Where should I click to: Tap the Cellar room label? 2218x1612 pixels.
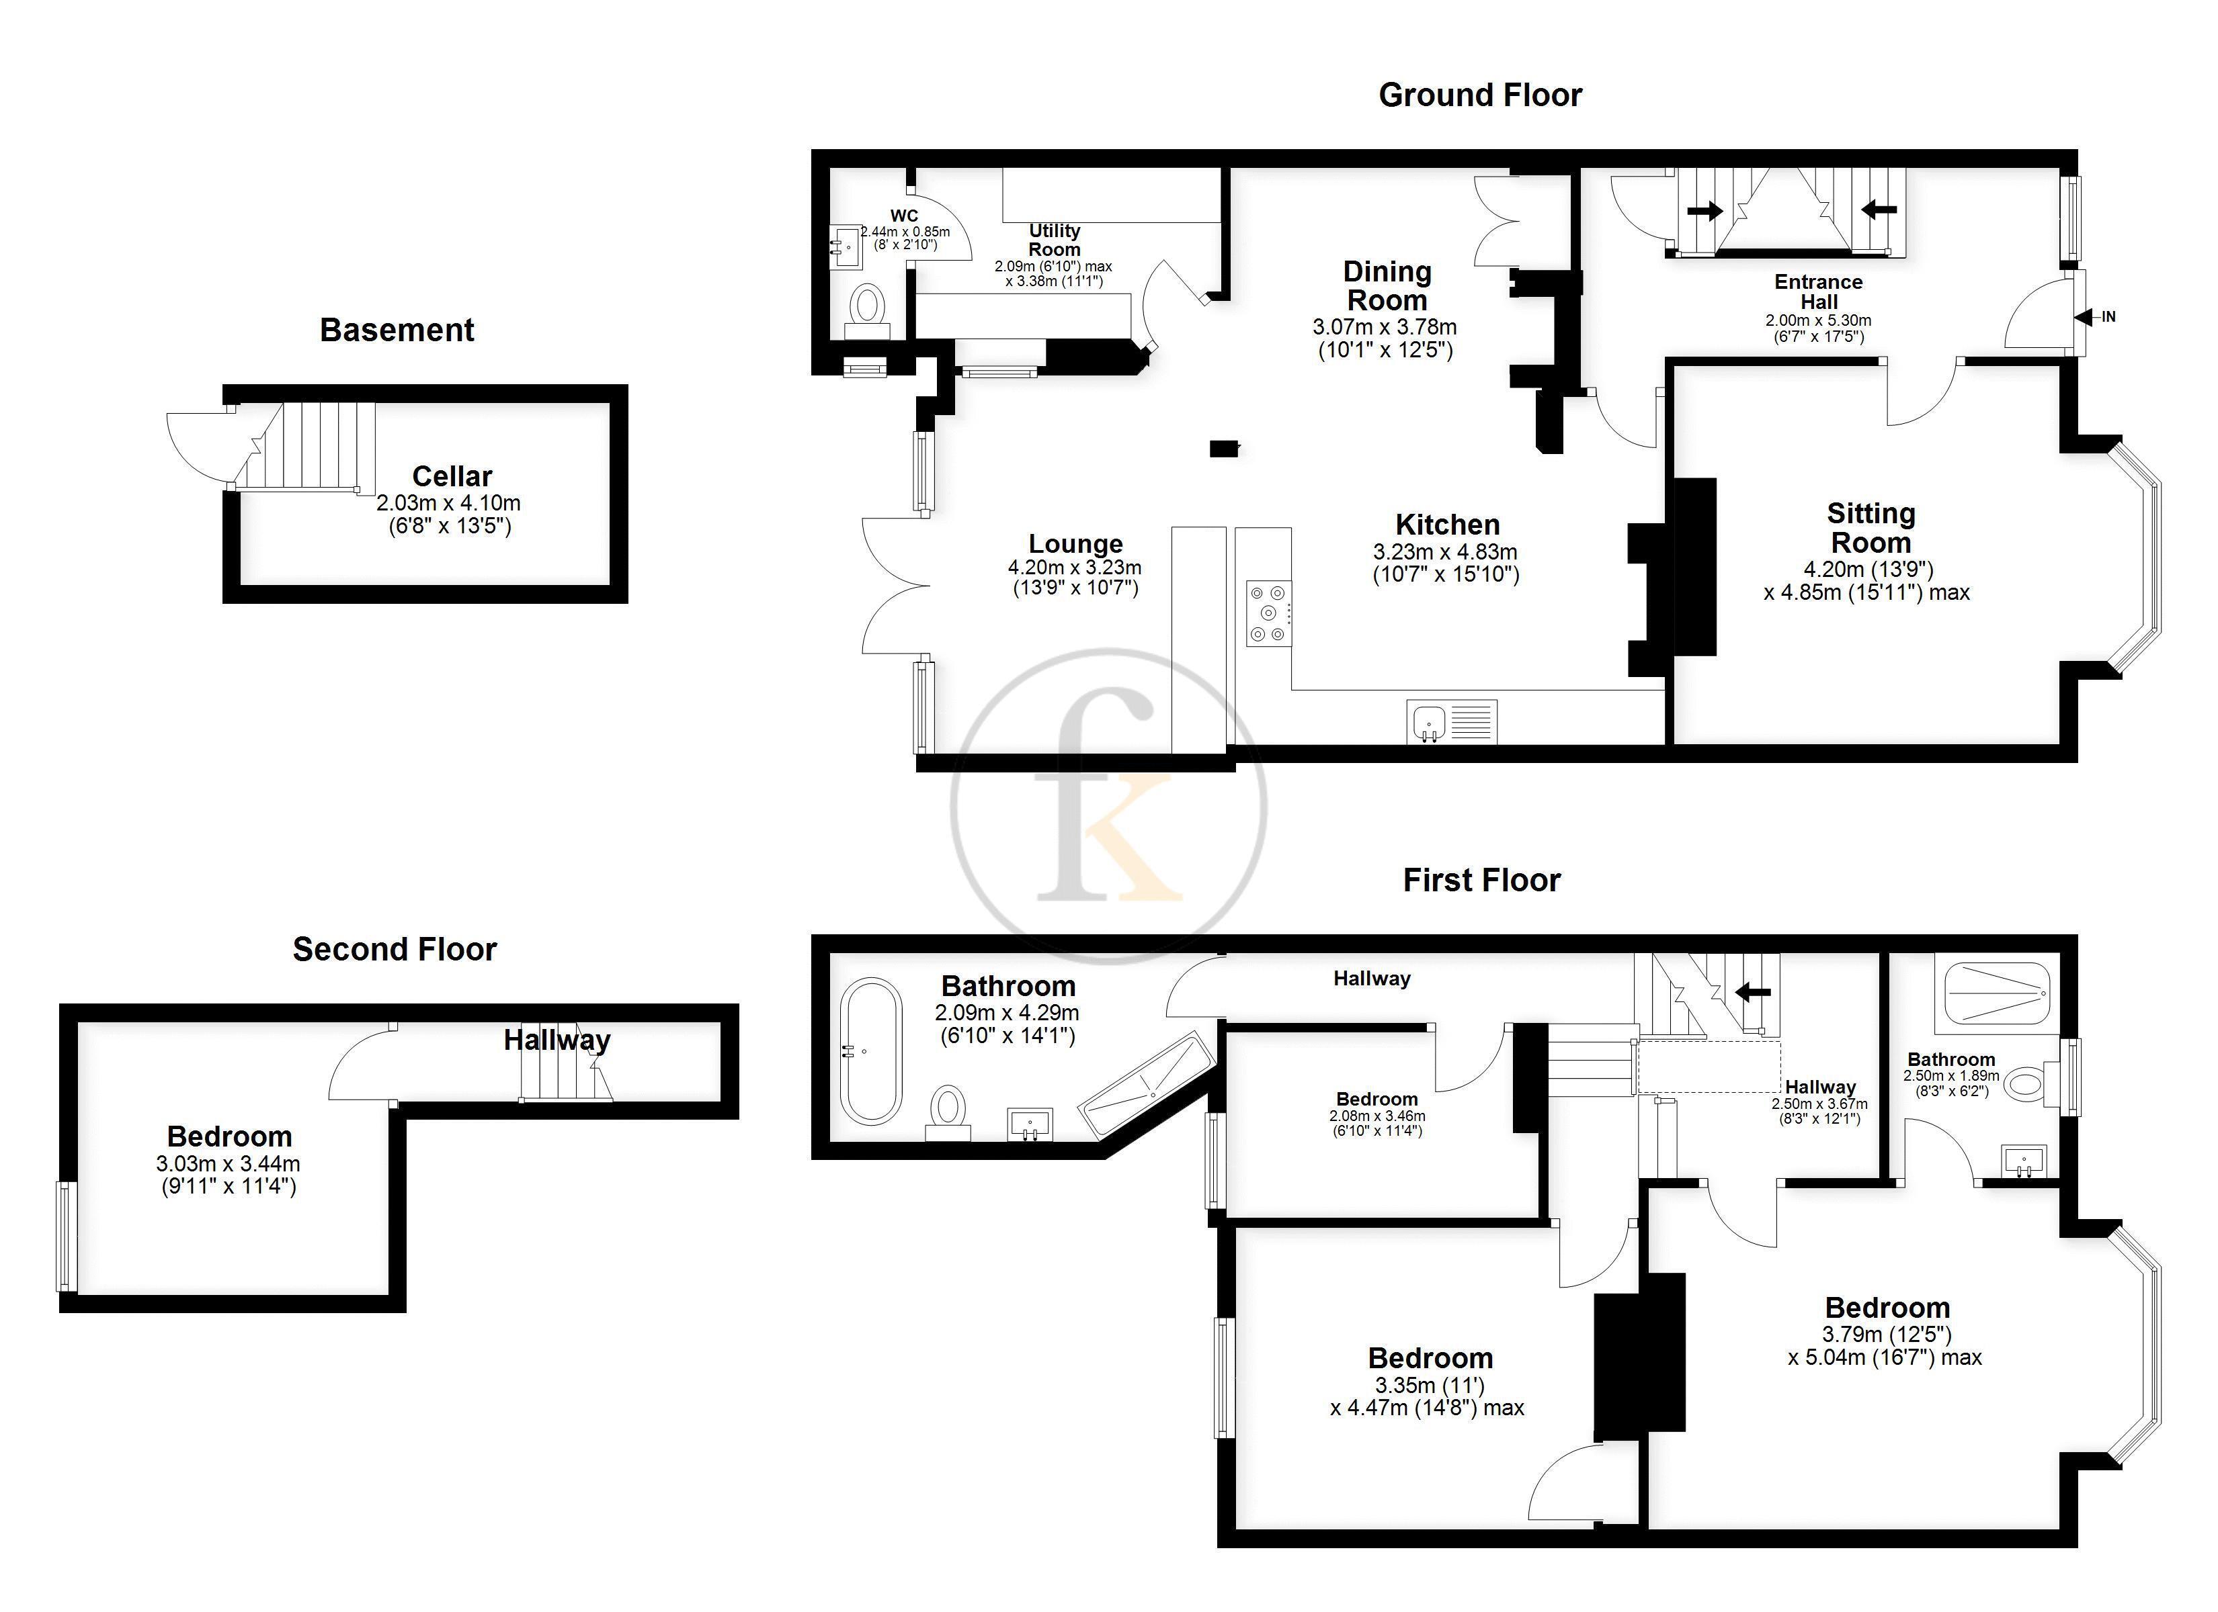(x=452, y=476)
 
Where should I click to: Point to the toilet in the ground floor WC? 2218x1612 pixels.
(x=866, y=311)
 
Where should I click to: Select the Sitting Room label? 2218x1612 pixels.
(x=1871, y=528)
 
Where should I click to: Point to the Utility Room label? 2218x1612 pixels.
(x=1055, y=240)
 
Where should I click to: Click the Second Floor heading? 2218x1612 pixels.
(x=395, y=949)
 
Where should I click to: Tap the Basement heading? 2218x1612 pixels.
(x=397, y=330)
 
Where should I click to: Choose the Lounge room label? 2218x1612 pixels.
(x=1076, y=543)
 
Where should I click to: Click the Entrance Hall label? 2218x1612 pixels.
(x=1819, y=292)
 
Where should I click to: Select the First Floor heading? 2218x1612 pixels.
(x=1481, y=881)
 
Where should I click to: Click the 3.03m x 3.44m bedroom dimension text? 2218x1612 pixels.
(x=228, y=1164)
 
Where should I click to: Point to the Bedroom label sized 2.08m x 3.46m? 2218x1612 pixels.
(x=1377, y=1100)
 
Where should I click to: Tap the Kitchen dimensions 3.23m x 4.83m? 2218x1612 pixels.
(x=1446, y=552)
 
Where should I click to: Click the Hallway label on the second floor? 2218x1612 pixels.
(x=557, y=1040)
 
